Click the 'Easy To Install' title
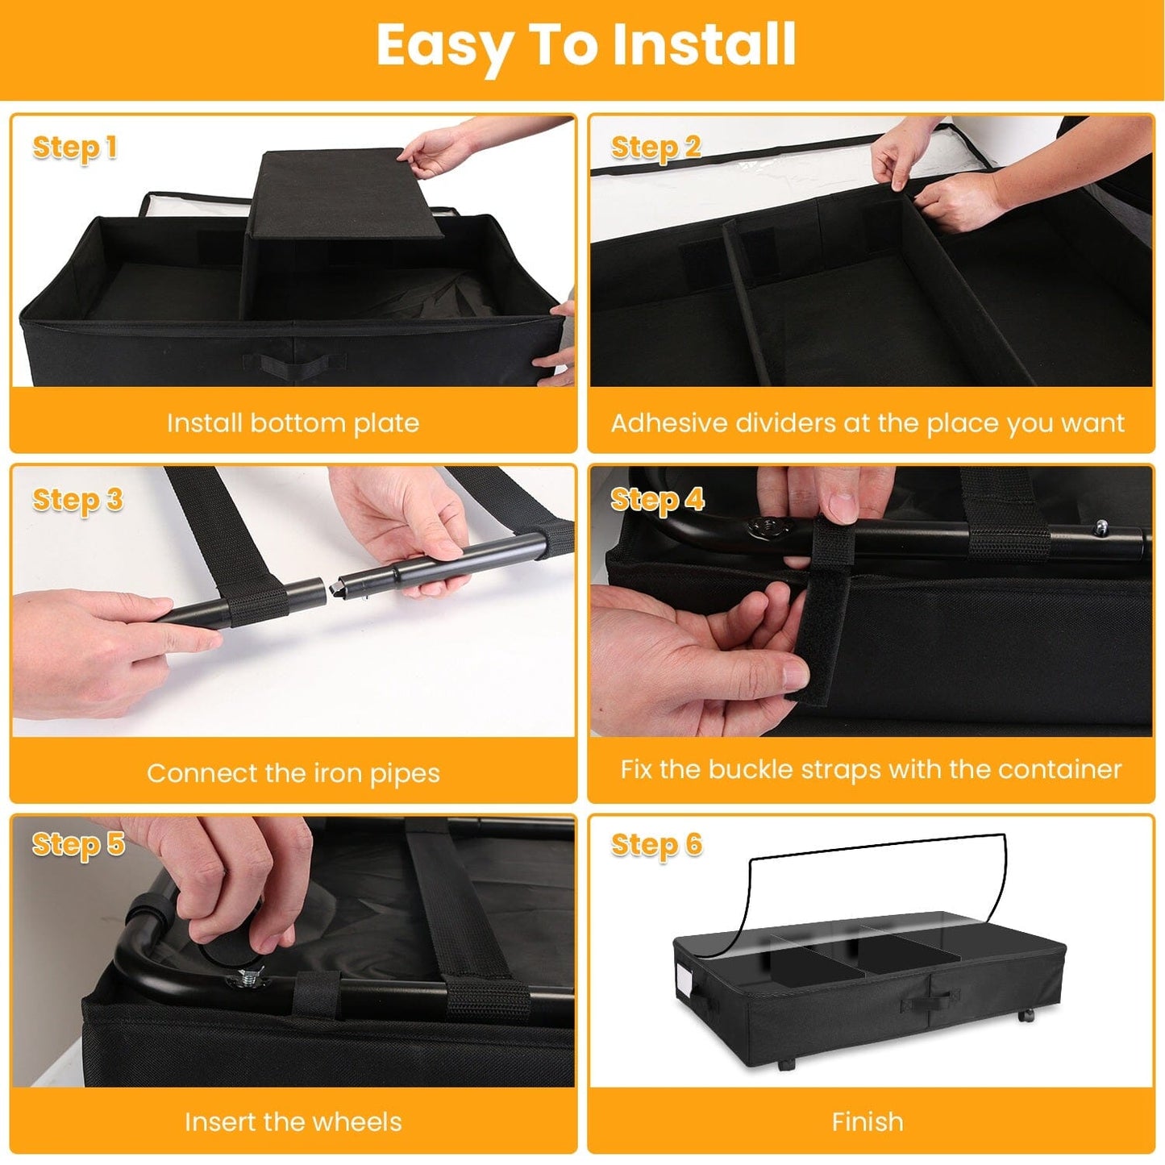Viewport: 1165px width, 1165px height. [x=586, y=46]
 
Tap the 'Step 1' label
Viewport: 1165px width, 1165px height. [x=75, y=148]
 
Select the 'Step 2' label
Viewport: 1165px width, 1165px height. [x=655, y=148]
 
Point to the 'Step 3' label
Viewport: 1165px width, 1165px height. [x=77, y=500]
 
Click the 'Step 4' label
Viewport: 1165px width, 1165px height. [x=657, y=500]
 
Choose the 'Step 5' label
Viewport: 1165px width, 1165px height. [x=78, y=844]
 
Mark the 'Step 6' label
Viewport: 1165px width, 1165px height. [x=656, y=844]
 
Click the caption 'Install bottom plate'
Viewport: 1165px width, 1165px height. [x=293, y=423]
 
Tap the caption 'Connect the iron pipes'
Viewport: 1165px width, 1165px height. [x=293, y=773]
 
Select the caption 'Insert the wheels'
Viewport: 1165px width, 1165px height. [x=293, y=1121]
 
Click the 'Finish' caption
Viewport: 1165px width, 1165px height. [x=868, y=1121]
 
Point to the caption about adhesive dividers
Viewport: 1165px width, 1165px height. [x=868, y=423]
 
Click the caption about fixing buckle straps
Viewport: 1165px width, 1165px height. [x=871, y=769]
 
